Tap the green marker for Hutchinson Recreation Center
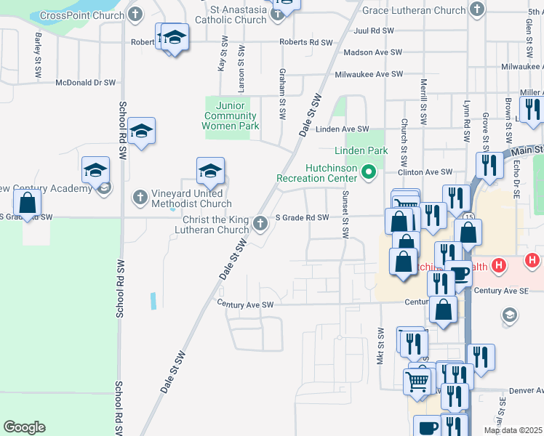point(369,172)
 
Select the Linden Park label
point(361,150)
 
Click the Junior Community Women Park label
point(230,116)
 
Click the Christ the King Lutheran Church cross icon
point(262,224)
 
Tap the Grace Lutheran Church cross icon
point(476,10)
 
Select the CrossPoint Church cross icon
point(136,15)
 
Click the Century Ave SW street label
point(245,304)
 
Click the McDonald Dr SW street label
point(86,83)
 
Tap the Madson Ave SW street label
point(372,52)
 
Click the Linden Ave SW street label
point(343,129)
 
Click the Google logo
point(24,427)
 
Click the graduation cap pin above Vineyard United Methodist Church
point(210,171)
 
